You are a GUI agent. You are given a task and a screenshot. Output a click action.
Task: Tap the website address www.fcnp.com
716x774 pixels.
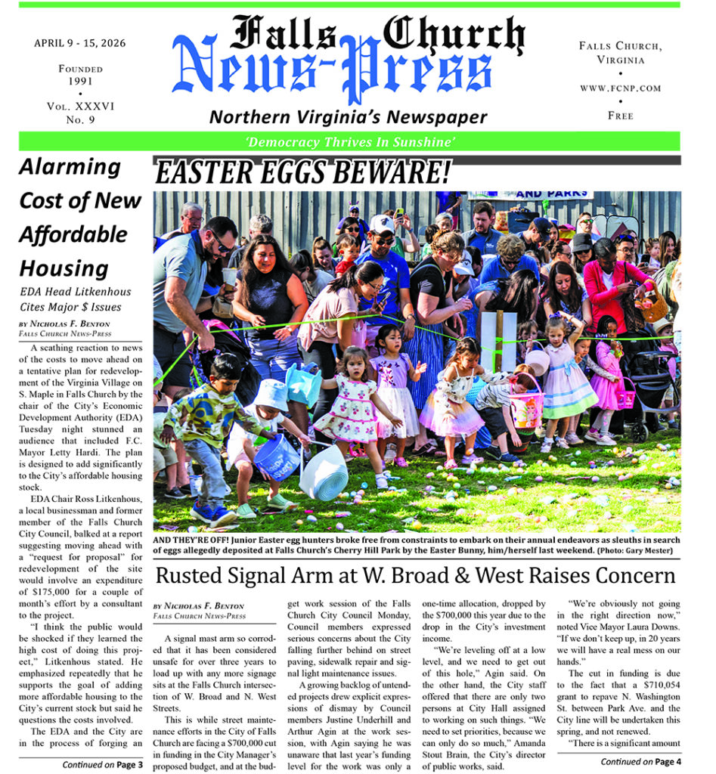620,88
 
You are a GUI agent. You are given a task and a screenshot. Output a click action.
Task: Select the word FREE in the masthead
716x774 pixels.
620,116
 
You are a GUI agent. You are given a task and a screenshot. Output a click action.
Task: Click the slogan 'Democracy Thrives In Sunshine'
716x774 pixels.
349,142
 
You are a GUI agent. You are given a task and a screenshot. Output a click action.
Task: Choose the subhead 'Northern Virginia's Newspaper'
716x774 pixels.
348,116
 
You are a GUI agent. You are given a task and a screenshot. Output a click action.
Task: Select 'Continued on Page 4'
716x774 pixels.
641,761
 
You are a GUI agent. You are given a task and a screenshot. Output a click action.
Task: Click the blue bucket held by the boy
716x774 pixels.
276,457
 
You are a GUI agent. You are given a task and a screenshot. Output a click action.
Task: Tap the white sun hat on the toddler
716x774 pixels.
270,394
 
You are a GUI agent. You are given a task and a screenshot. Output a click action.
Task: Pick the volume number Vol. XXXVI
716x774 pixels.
80,107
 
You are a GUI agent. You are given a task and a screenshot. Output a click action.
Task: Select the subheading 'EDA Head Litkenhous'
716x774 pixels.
75,292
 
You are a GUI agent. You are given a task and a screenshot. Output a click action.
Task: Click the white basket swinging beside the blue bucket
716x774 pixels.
323,472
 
